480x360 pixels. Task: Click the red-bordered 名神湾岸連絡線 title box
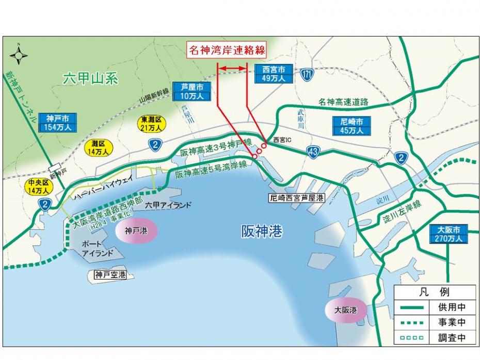tap(227, 50)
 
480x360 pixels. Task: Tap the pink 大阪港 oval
tap(345, 310)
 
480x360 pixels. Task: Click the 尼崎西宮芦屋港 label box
tap(297, 198)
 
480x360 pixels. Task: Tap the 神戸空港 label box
tap(110, 275)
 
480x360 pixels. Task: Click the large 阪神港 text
tap(262, 232)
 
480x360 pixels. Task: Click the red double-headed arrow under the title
tap(232, 68)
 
